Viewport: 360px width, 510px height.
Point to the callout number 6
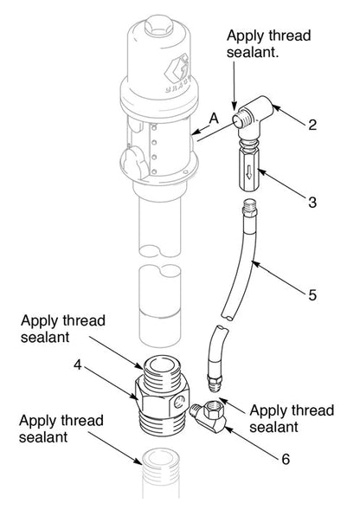[x=285, y=457]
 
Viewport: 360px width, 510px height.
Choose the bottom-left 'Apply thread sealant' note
[x=61, y=428]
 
